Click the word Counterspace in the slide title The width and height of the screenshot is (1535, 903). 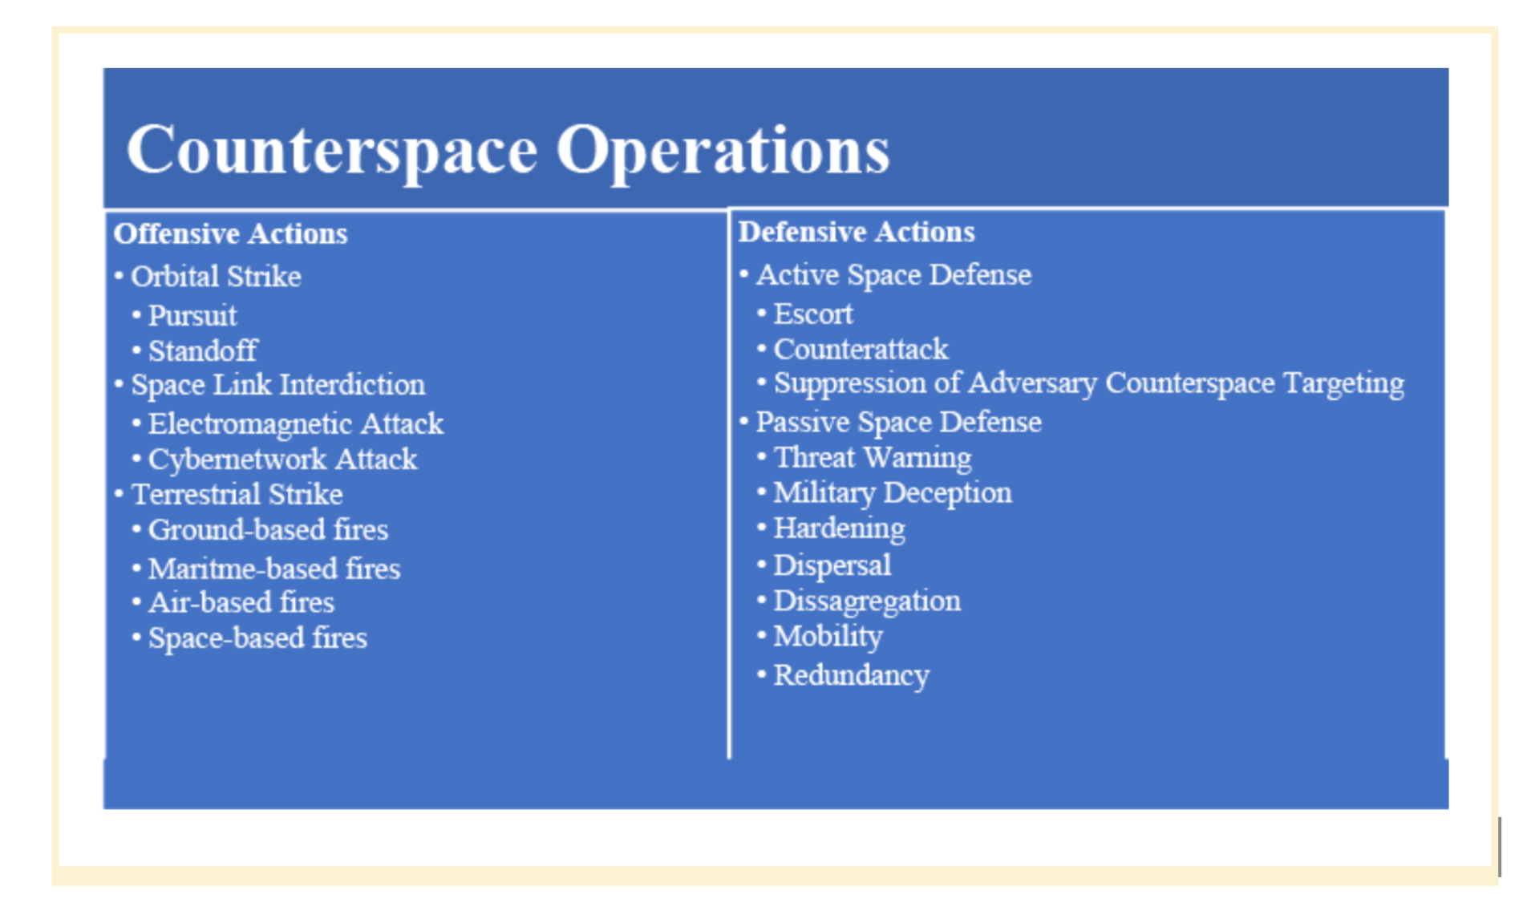[332, 150]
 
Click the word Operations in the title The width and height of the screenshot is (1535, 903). [722, 150]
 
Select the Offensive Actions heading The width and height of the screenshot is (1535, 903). [230, 234]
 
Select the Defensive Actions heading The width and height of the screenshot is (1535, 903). [856, 233]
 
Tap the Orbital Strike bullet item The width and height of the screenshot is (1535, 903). [216, 277]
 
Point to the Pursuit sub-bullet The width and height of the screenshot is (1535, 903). [192, 316]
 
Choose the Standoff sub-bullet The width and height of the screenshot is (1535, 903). [203, 351]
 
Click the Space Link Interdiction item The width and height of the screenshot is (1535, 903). [277, 385]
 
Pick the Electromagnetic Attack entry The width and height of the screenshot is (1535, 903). [295, 423]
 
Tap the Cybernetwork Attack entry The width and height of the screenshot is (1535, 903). [282, 460]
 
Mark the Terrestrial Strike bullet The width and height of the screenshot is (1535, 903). [237, 495]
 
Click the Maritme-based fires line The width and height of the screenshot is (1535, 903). [273, 569]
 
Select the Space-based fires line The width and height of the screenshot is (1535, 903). [257, 638]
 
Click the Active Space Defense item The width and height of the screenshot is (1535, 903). [893, 275]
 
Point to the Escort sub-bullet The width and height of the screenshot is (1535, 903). [812, 314]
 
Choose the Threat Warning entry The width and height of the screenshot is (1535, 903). [872, 458]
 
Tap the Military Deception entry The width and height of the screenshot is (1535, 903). [892, 493]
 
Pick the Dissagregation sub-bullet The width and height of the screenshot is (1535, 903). [866, 601]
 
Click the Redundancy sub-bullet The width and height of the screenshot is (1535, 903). [851, 675]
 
